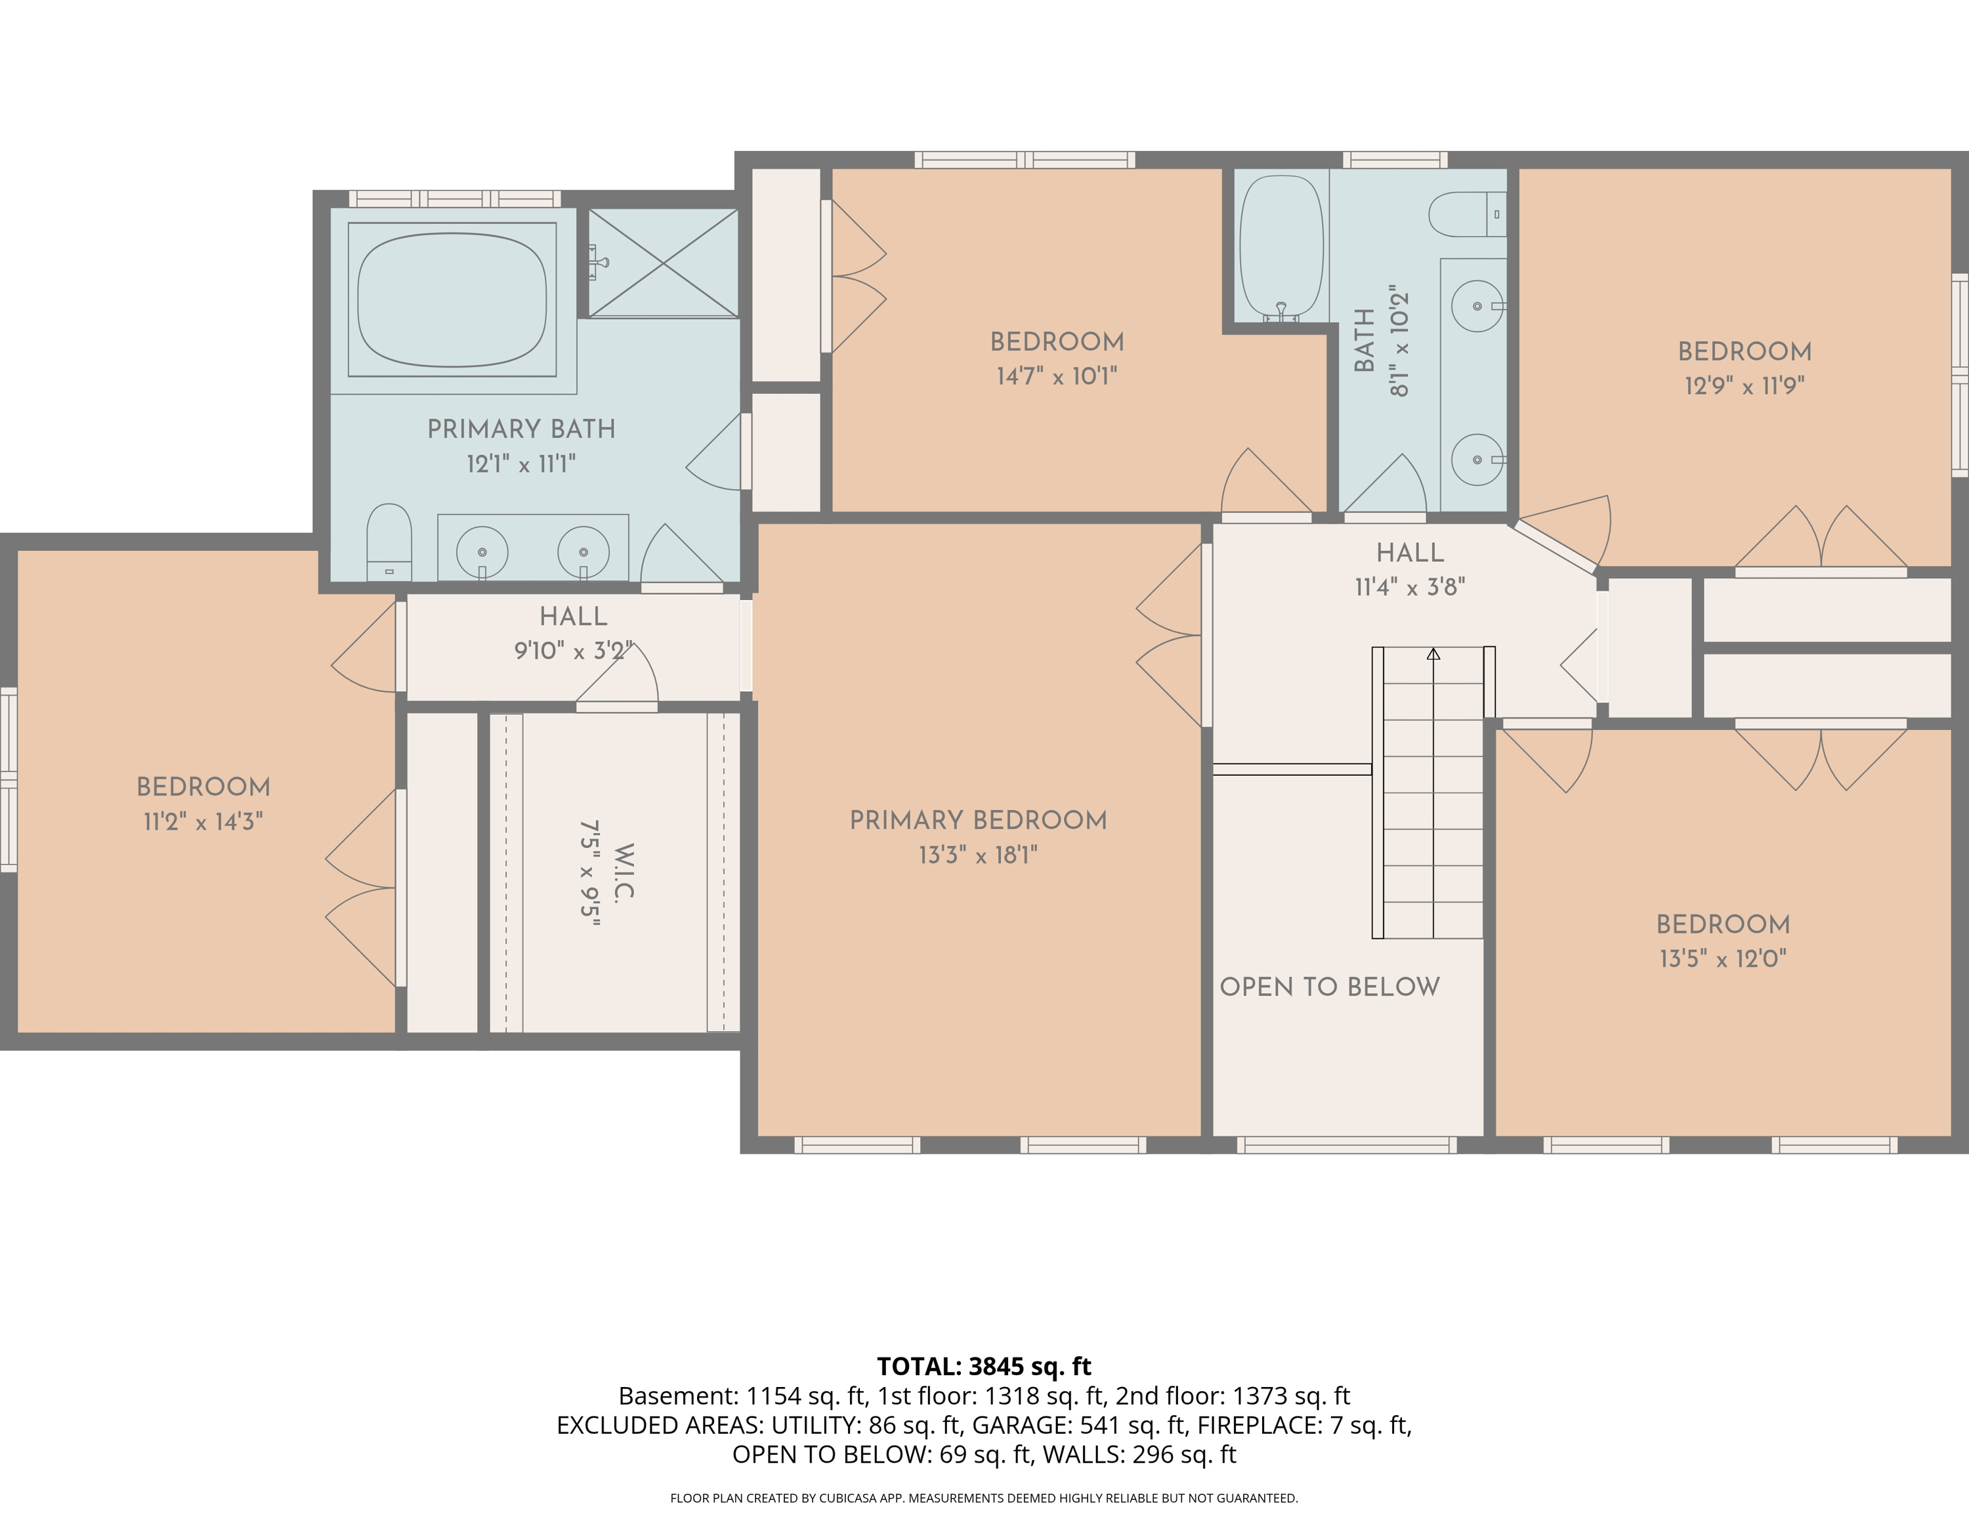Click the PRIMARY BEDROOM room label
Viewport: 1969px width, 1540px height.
pos(978,821)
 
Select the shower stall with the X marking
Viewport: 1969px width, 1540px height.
pos(664,263)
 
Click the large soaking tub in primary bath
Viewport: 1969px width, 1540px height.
pos(452,300)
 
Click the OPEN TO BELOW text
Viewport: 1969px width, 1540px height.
pos(1330,987)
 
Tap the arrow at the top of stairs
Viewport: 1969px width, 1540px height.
pos(1433,654)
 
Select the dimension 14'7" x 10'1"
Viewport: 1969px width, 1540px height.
pos(1057,376)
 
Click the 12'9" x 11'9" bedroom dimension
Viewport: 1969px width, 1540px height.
pos(1745,386)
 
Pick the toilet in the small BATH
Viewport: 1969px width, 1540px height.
pos(1468,215)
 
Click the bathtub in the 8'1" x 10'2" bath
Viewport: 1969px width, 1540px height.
pos(1281,247)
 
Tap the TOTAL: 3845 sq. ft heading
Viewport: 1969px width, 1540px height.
pos(984,1366)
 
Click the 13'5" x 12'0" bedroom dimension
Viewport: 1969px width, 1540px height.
pos(1723,958)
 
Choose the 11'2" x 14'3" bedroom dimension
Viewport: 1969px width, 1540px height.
pos(203,821)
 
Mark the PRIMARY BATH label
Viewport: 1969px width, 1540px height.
pos(521,429)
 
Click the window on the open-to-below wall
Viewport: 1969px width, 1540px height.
pos(1347,1145)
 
